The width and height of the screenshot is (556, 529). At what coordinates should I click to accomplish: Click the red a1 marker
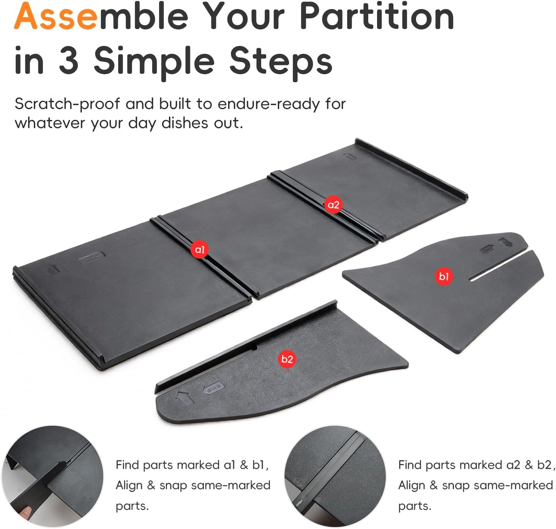[199, 249]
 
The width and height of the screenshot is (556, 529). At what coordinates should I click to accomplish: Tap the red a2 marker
[333, 205]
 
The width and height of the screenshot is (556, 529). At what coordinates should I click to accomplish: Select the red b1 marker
[444, 276]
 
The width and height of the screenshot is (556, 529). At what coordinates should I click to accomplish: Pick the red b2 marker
[287, 359]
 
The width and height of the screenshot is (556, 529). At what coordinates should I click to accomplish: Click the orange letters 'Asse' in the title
[56, 16]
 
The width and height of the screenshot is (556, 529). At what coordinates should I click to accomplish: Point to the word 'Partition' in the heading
[377, 16]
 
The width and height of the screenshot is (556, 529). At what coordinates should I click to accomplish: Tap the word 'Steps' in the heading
[281, 63]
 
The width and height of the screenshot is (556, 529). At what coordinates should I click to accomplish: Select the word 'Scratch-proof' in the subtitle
[67, 104]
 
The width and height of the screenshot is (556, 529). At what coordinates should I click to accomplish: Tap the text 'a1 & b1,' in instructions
[246, 465]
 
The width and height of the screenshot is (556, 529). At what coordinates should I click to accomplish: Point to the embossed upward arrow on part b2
[184, 398]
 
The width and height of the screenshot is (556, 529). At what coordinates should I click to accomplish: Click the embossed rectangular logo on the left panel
[92, 257]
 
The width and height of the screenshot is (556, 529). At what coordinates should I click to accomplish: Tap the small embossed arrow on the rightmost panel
[350, 156]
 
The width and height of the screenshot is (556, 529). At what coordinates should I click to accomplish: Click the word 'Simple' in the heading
[154, 63]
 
